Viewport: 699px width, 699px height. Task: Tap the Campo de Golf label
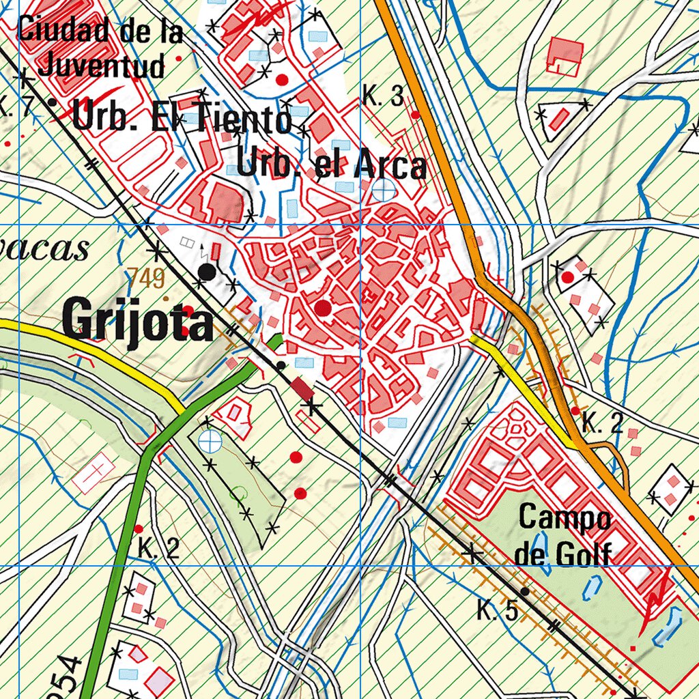564,536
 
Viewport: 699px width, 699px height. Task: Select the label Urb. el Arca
332,165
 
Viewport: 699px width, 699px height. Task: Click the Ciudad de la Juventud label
101,48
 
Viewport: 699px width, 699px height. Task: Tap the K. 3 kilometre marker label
383,97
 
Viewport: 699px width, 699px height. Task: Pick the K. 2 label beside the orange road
602,424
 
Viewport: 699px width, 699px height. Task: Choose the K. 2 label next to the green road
158,548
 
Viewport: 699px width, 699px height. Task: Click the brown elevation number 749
145,279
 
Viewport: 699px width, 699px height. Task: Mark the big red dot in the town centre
324,309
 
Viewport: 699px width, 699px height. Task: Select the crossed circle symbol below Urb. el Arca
383,190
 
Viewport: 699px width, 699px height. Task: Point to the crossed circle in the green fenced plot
210,442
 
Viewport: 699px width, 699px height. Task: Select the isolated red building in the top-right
566,56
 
